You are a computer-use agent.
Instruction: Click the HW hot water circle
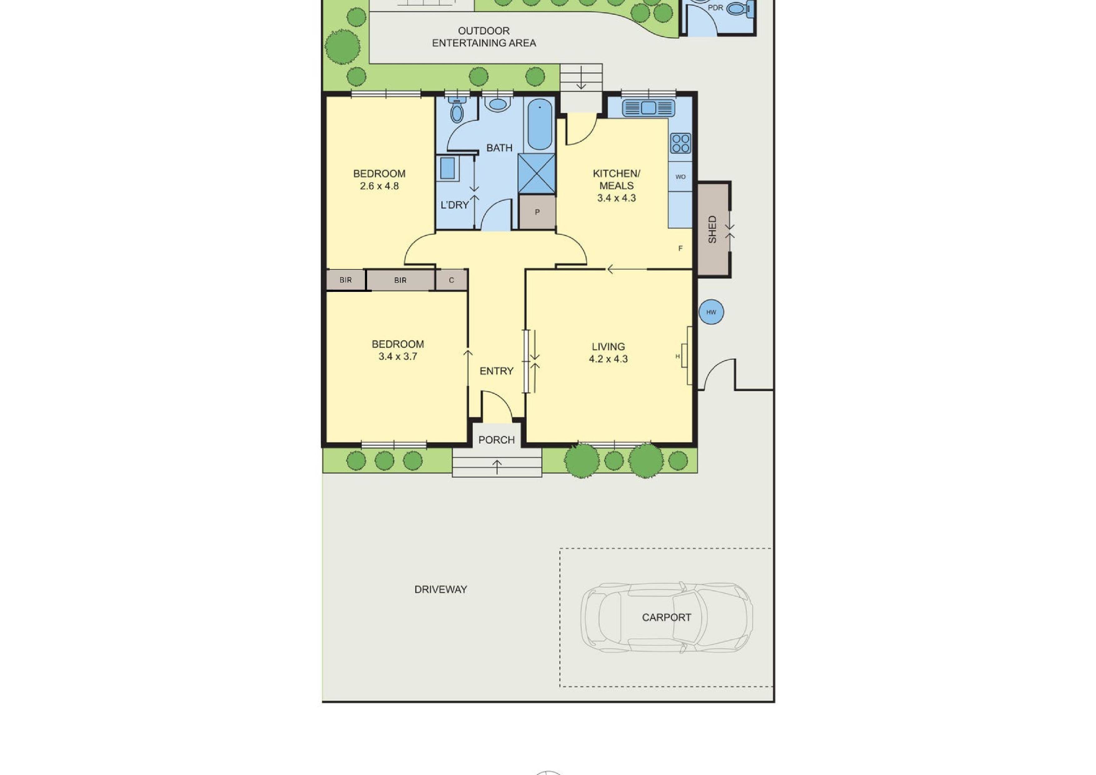click(711, 312)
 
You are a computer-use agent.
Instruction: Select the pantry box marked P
click(537, 212)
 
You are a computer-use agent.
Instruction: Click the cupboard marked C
click(451, 280)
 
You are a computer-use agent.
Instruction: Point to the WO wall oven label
click(680, 177)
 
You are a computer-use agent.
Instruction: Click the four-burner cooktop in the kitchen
click(680, 143)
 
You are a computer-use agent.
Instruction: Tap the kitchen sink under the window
click(648, 108)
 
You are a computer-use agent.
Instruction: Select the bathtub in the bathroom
click(540, 125)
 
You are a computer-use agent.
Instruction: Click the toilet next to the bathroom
click(457, 111)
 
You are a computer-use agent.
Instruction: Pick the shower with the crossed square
click(536, 173)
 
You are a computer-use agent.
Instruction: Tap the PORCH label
click(496, 440)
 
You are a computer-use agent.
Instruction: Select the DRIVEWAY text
click(440, 589)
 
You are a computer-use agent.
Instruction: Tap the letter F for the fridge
click(680, 248)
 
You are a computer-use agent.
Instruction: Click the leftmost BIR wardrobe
click(346, 280)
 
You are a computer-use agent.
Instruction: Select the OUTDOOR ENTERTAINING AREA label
click(484, 37)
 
